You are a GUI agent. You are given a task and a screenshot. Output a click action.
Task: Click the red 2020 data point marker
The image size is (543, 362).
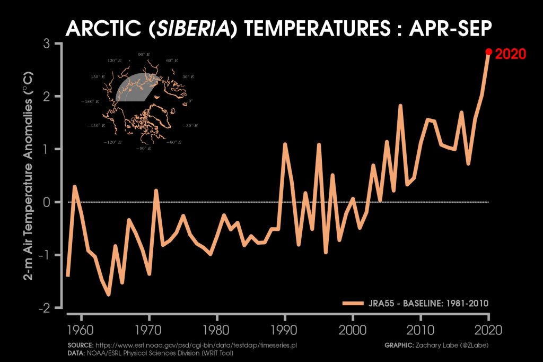point(488,52)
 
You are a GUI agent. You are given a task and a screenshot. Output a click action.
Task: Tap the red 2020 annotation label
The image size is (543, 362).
point(510,54)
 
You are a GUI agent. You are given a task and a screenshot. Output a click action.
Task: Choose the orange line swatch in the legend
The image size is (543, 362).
point(352,303)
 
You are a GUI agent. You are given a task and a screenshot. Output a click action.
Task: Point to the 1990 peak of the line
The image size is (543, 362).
point(285,144)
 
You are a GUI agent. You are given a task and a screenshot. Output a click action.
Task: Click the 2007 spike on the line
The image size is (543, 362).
point(400,106)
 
